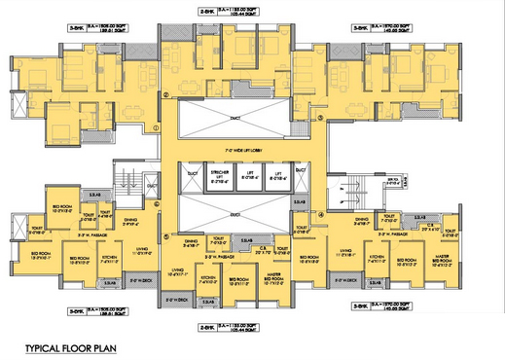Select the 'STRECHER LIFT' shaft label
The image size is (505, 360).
[220, 176]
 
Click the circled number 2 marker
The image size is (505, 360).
[166, 95]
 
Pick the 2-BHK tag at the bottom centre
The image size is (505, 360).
[205, 326]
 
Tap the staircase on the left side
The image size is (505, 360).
[126, 182]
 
